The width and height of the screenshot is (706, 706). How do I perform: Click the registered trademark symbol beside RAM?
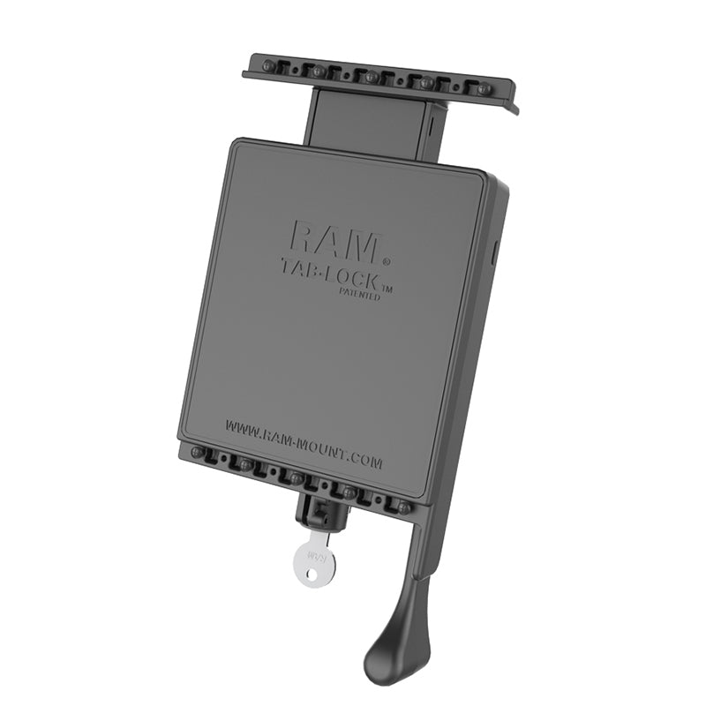(x=386, y=260)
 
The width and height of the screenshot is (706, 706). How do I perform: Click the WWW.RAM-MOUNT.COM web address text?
(x=303, y=444)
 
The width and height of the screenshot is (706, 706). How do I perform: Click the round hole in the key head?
(x=304, y=575)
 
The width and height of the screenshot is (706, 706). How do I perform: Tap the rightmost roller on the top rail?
(x=483, y=89)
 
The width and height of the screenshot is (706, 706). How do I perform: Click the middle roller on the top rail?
(x=372, y=77)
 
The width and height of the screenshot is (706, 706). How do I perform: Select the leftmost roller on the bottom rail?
(x=197, y=453)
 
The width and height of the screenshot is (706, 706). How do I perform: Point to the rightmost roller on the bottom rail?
(x=402, y=507)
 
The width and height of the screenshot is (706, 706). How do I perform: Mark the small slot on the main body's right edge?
(x=494, y=252)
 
